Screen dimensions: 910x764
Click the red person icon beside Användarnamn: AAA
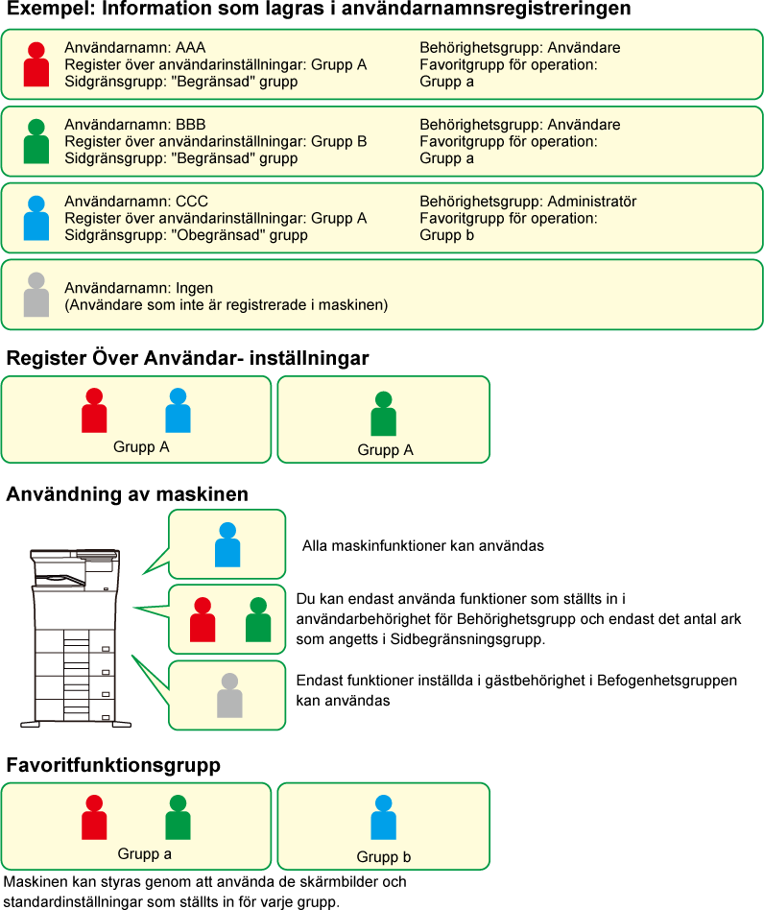36,65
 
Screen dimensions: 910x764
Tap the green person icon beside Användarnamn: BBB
36,142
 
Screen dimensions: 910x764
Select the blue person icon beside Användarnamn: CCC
36,219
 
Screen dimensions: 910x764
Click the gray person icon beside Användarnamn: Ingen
36,296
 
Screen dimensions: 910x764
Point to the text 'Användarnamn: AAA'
134,48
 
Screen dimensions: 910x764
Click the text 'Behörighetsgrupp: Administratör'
528,202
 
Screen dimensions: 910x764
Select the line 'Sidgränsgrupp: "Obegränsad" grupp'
186,235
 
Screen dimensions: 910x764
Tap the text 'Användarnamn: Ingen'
138,288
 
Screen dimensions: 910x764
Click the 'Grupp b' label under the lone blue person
384,857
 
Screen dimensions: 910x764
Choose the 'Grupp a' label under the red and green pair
145,853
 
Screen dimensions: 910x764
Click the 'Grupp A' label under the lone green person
385,449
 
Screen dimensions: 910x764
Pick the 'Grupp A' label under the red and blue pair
140,446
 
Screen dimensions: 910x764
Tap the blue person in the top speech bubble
227,544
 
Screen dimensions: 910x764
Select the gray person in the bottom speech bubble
229,695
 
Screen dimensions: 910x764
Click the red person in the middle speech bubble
203,620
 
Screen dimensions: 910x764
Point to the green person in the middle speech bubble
257,620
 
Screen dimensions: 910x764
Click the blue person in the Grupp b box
384,818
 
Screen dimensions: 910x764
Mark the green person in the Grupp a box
178,818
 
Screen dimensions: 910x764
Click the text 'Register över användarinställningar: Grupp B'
215,142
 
